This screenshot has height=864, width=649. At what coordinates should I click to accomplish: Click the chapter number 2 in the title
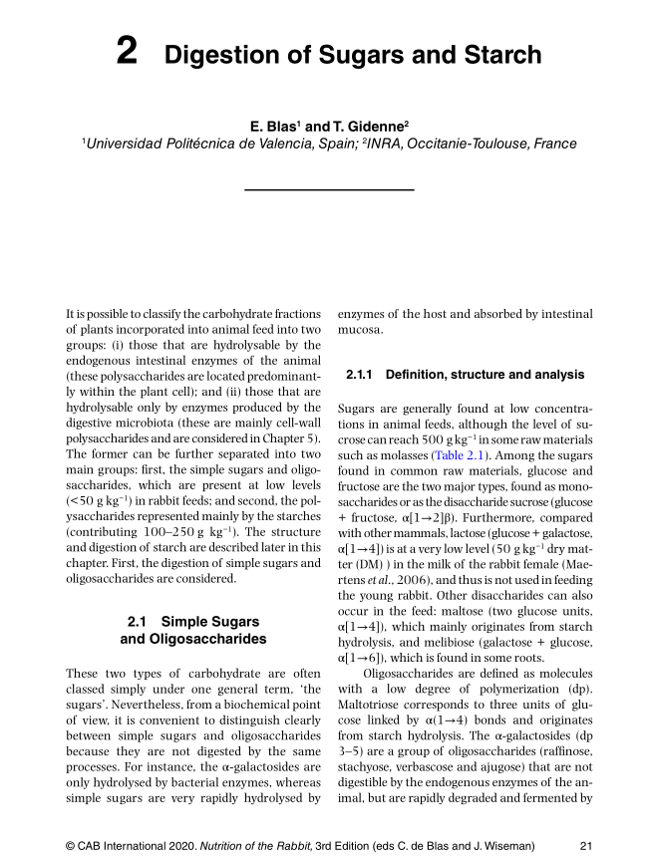coord(127,53)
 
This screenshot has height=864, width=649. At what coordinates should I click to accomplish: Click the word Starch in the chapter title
coord(499,55)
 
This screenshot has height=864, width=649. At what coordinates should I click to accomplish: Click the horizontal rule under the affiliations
coord(329,188)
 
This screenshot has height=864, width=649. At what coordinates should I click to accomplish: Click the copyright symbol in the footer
coord(70,845)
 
